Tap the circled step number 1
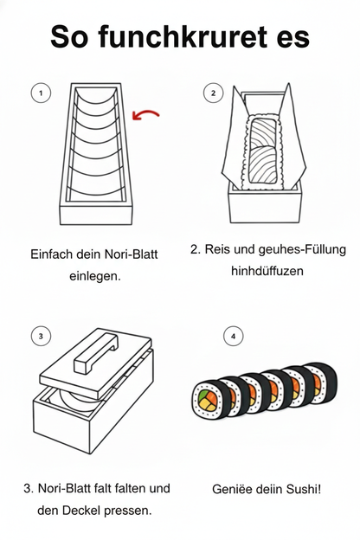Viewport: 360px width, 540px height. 39,92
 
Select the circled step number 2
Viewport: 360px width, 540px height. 210,92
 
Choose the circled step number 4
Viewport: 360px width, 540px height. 232,335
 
